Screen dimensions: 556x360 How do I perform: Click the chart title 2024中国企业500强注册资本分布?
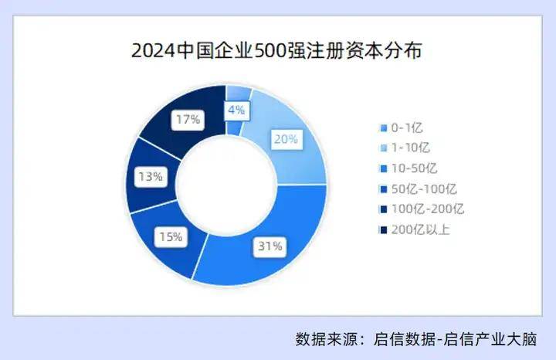[276, 51]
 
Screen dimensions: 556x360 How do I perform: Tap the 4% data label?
[236, 110]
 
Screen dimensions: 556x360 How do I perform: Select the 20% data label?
[286, 139]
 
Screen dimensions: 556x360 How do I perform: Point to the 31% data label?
[270, 246]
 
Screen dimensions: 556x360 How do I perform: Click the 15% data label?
[171, 236]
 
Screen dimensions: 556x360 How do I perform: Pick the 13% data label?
[151, 176]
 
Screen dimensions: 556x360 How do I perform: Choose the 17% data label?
[188, 120]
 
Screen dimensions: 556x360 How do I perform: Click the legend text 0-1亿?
[407, 127]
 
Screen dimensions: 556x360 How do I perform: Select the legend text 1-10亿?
[410, 148]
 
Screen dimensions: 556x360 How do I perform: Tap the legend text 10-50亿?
[414, 168]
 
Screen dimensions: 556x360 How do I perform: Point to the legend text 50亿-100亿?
[424, 189]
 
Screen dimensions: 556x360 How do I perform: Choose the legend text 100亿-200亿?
[428, 209]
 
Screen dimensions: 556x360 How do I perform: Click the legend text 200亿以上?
[421, 230]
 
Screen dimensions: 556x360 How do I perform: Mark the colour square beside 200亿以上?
[383, 230]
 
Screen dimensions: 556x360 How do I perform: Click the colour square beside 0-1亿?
[383, 128]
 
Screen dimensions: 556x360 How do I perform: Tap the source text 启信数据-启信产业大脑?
[456, 339]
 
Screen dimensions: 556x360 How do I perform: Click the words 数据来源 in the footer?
[326, 339]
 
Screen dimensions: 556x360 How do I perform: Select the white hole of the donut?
[225, 185]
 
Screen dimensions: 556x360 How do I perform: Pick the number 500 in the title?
[269, 51]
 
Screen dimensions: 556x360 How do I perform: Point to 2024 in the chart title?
[154, 51]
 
